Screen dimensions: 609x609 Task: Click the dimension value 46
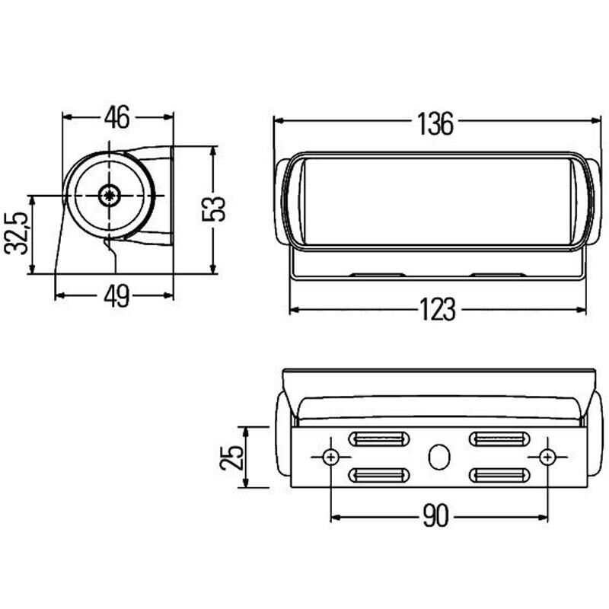117,117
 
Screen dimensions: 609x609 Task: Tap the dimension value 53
216,209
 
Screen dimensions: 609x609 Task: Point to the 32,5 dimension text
17,233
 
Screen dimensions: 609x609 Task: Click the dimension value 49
116,297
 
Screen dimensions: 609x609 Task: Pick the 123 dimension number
438,310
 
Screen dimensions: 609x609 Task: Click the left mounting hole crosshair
331,457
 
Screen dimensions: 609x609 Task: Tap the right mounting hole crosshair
547,457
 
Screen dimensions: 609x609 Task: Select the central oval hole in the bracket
438,457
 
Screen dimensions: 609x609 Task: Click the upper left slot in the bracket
378,439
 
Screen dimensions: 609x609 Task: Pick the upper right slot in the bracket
499,439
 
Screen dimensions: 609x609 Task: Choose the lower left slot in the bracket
378,476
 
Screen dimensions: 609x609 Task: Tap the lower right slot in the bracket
499,476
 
